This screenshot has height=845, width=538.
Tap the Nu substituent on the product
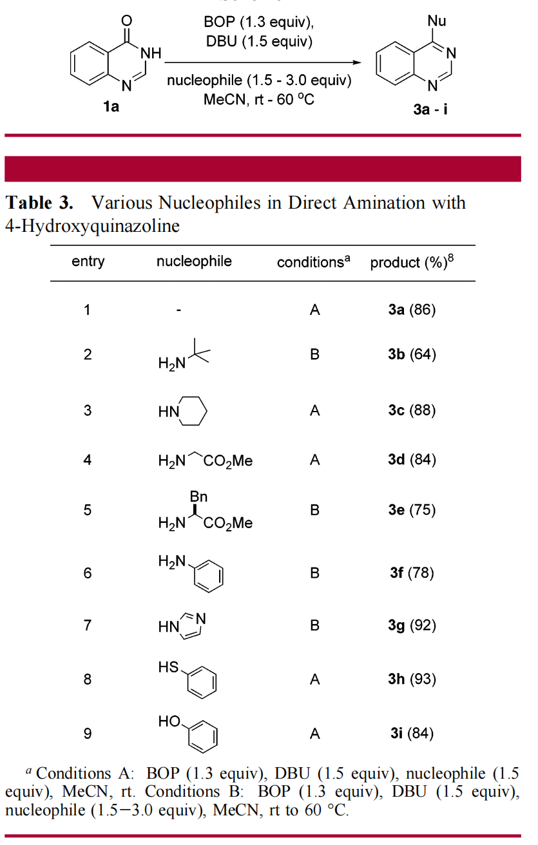pos(437,21)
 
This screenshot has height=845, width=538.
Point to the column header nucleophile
pos(194,261)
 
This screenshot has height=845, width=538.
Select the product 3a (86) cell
pos(412,310)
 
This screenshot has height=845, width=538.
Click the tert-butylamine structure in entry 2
pos(184,356)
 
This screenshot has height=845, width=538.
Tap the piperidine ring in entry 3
pos(191,412)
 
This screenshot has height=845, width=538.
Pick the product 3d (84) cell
pos(412,459)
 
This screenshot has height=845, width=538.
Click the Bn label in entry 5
pos(198,497)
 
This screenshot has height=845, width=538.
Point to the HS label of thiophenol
pos(168,669)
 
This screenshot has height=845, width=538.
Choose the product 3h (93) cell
pos(412,679)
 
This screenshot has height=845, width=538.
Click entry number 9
pos(87,734)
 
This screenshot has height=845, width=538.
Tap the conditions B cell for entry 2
pos(314,354)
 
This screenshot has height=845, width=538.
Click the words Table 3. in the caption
pos(39,203)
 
